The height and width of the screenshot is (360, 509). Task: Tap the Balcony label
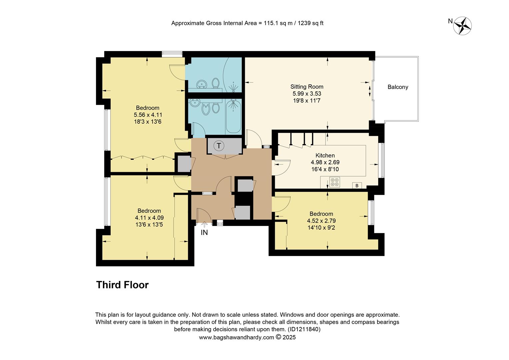398,87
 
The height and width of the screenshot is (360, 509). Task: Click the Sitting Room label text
306,87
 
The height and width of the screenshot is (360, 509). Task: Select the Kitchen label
325,155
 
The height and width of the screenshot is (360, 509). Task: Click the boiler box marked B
357,186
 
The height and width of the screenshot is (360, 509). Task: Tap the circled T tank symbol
219,146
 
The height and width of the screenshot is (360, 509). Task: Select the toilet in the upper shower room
216,82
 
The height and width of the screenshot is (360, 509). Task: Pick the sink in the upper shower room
201,84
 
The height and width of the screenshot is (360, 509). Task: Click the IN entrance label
204,233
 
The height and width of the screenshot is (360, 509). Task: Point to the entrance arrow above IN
204,225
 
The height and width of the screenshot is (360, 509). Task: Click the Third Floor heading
122,285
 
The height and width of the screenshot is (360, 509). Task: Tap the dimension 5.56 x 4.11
148,115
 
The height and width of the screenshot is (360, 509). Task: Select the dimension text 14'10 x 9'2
321,228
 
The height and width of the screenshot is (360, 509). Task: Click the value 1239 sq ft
310,23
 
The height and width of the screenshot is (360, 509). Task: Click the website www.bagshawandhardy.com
236,337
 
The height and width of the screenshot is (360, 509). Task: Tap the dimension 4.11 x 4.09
149,218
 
